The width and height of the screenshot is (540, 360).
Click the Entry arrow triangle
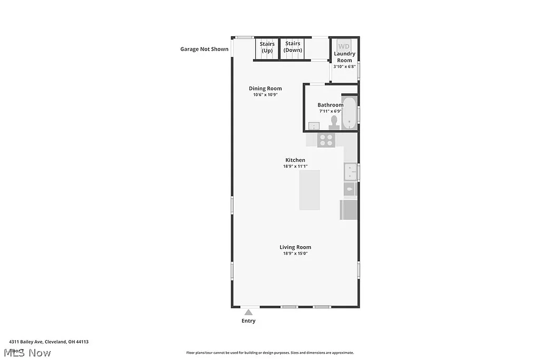248,312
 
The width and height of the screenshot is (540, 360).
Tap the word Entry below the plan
248,321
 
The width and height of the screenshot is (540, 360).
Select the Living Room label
295,247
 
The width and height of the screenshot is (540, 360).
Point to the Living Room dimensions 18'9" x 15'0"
295,254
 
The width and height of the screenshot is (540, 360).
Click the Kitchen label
295,160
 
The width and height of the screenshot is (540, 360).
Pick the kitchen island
310,190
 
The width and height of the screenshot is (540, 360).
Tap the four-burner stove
326,140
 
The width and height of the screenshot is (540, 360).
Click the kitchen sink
350,172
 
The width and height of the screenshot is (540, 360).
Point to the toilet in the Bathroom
333,122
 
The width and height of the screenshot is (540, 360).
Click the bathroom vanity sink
313,127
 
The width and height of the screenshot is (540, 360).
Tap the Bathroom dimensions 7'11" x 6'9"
331,111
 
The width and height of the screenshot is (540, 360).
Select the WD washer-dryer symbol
344,46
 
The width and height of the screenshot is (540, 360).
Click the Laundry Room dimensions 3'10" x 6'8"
345,66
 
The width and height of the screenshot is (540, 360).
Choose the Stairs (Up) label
267,47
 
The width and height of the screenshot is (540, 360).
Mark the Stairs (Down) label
293,47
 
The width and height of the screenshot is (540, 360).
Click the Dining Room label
265,89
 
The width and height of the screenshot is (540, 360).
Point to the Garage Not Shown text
205,50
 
